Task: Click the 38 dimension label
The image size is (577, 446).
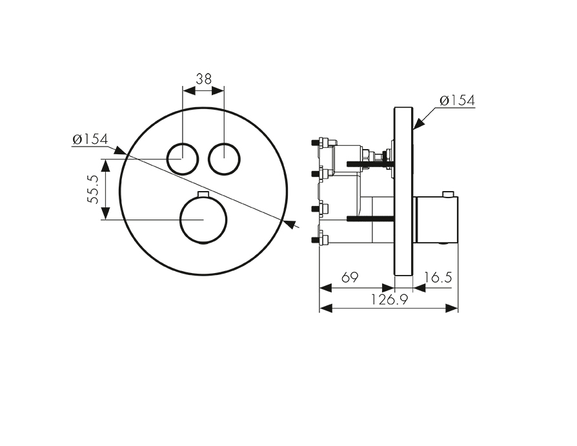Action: click(203, 79)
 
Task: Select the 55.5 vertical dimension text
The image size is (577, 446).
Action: click(93, 189)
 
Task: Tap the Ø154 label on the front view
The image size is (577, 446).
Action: click(90, 139)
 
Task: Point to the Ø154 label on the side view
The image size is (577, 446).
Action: click(458, 101)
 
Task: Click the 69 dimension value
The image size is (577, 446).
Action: click(350, 277)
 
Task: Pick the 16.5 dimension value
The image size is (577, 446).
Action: click(438, 277)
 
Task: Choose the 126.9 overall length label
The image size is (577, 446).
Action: click(389, 299)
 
